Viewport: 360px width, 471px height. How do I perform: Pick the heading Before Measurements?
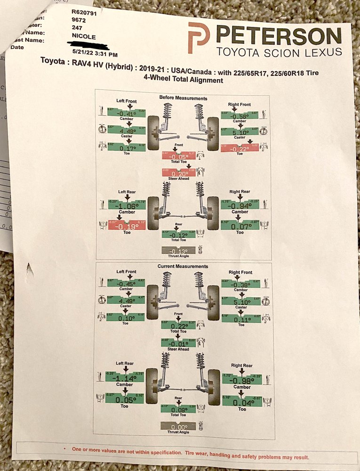(183, 98)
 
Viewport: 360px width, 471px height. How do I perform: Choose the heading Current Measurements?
(183, 267)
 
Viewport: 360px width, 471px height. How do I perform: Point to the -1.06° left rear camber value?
(126, 205)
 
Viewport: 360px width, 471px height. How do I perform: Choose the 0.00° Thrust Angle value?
(178, 426)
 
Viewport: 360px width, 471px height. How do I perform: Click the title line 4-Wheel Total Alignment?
(183, 80)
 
